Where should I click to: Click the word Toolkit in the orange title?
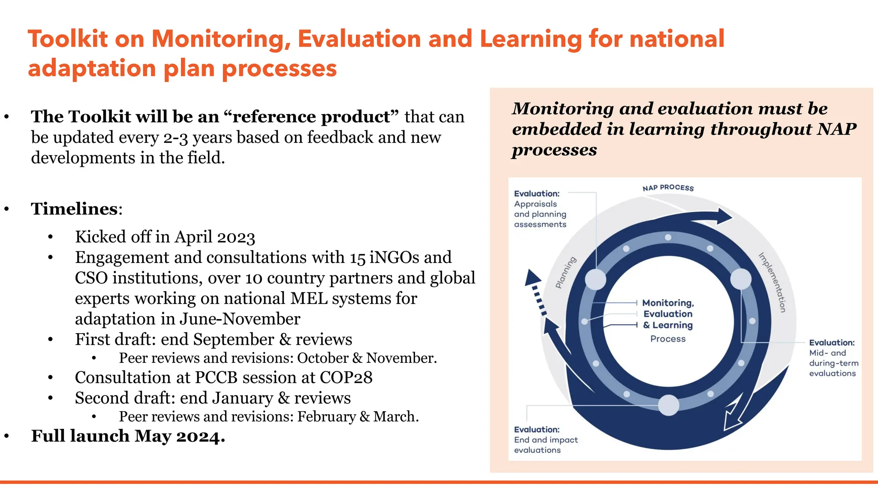(68, 39)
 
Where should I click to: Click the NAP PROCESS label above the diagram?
(668, 188)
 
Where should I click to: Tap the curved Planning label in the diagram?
(566, 272)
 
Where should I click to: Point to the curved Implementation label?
(772, 282)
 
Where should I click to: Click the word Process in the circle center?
(668, 339)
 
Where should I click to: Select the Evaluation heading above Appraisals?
(537, 194)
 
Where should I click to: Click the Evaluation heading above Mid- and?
(832, 343)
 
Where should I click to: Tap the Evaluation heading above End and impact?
(537, 430)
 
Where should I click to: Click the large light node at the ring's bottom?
(668, 405)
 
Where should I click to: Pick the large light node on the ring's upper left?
(595, 280)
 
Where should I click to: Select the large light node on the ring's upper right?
(741, 279)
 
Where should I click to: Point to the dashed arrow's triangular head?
(532, 277)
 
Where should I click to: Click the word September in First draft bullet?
(234, 339)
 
